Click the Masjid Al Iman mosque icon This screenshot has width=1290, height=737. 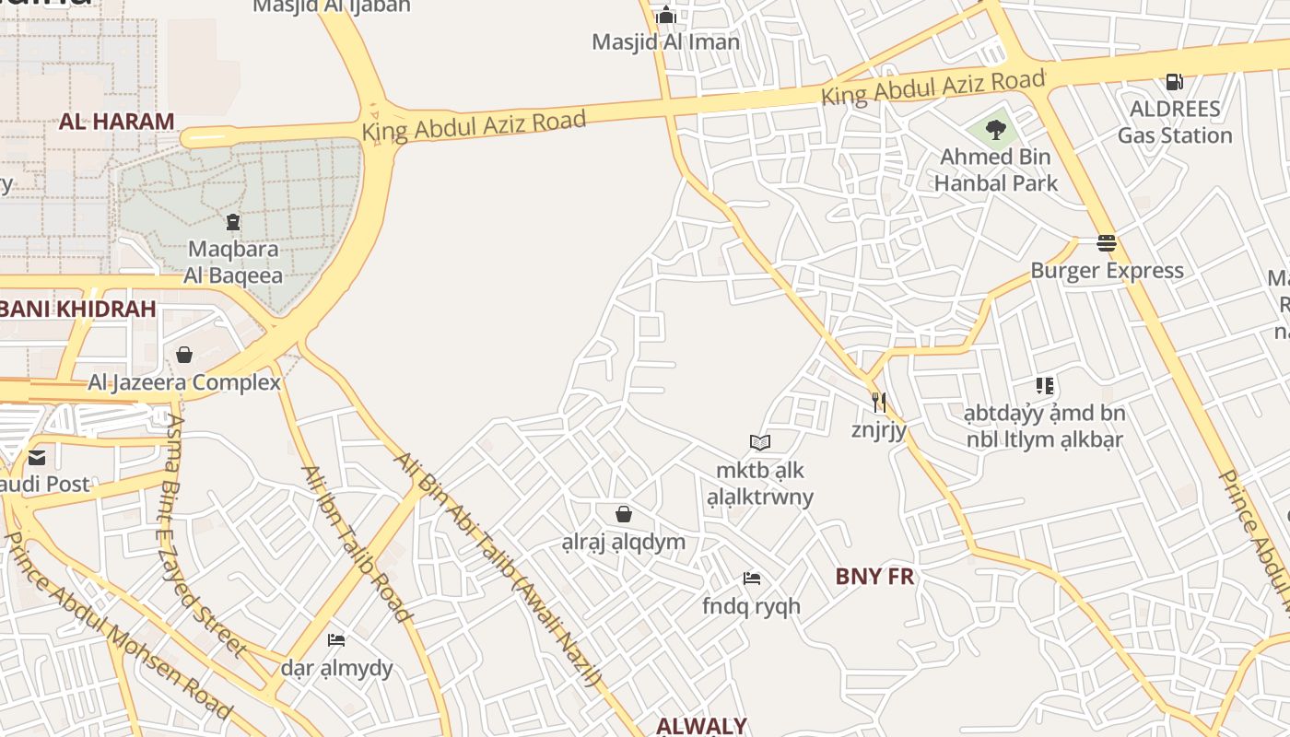[665, 16]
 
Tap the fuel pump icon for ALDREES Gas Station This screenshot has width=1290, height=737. [1174, 81]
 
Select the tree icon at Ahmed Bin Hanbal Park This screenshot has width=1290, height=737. [995, 129]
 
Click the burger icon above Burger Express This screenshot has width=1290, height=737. [1107, 243]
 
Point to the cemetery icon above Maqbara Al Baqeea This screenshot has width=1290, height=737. [232, 222]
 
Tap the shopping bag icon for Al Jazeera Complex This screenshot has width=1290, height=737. [184, 355]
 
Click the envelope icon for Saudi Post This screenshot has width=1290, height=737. [37, 457]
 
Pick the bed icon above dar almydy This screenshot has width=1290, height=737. [336, 640]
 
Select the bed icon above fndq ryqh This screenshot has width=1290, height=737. [752, 579]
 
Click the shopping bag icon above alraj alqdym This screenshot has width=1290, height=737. [624, 514]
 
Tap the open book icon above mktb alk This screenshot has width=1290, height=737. [760, 443]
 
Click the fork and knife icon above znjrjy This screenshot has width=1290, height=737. [879, 402]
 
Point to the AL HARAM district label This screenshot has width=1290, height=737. [117, 122]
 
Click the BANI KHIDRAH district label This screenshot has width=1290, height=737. [77, 309]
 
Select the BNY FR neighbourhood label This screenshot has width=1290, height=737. [874, 577]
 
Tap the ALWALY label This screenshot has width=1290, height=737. [701, 726]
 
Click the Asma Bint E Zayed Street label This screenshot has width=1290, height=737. [206, 534]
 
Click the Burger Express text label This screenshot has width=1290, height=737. [1107, 271]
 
